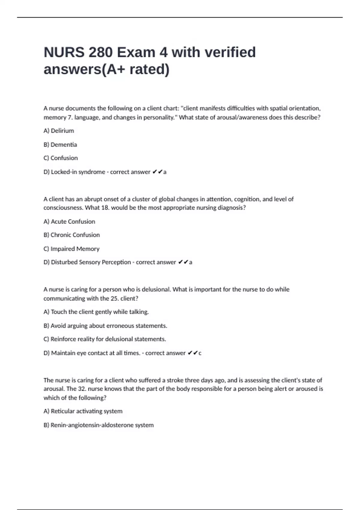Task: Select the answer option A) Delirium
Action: [59, 131]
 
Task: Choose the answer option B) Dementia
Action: [60, 145]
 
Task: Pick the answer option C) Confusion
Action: [61, 158]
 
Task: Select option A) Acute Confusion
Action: [69, 221]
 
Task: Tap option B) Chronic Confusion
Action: [72, 235]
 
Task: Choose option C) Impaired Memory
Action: [71, 249]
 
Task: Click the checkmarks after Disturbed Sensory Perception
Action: [183, 262]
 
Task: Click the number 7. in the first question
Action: [70, 117]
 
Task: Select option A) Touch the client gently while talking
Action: [96, 312]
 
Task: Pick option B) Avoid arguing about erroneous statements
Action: [105, 326]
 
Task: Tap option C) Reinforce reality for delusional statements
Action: [105, 339]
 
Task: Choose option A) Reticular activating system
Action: [83, 411]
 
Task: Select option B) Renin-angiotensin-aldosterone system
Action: [99, 425]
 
